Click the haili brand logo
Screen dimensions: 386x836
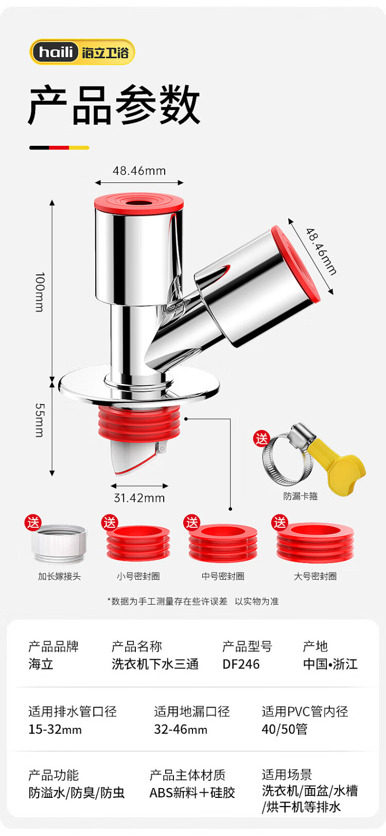tap(82, 52)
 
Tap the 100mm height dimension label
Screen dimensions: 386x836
tap(40, 292)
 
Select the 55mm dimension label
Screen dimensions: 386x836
tap(40, 420)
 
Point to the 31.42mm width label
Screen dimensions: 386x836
tap(139, 498)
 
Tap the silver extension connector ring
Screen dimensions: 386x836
tap(60, 544)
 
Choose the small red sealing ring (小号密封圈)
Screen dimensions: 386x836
tap(138, 543)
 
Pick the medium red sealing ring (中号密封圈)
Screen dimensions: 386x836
tap(223, 543)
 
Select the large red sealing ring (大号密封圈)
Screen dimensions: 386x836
tap(315, 542)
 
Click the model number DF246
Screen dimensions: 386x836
tap(241, 664)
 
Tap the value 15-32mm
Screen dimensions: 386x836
tap(55, 730)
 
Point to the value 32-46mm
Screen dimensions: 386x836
tap(181, 730)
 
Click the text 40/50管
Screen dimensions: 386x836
tap(285, 729)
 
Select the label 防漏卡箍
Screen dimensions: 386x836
tap(300, 496)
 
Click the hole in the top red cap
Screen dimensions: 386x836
tap(138, 202)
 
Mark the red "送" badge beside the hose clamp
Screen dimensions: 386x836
tap(261, 439)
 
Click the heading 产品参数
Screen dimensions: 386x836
tap(114, 105)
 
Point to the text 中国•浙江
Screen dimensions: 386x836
tap(330, 664)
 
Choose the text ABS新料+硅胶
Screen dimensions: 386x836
tap(192, 793)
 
